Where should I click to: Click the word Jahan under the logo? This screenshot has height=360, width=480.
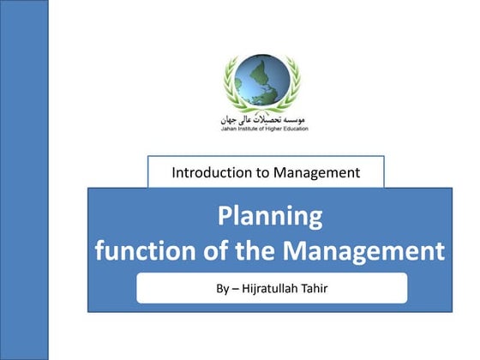click(225, 129)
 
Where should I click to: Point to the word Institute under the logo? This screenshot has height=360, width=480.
click(248, 129)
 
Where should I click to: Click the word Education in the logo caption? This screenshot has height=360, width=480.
click(297, 129)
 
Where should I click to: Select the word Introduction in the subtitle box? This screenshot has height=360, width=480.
click(209, 172)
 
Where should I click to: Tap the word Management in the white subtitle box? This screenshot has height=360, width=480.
click(316, 172)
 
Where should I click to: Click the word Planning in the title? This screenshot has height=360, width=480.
click(269, 216)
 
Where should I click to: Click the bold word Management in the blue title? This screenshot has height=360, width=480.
click(364, 251)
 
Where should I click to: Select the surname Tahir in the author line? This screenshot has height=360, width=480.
click(314, 288)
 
